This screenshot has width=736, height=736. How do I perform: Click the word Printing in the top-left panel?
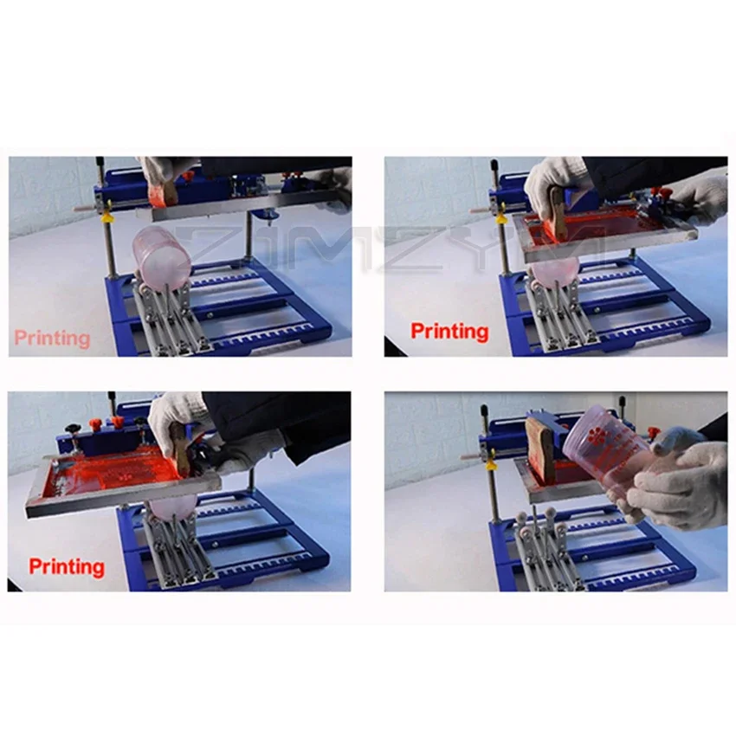point(52,338)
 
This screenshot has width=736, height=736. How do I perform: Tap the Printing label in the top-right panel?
point(449,331)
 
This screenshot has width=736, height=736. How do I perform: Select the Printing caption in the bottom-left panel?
point(67,567)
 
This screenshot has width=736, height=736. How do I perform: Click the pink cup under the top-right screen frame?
point(554,268)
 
